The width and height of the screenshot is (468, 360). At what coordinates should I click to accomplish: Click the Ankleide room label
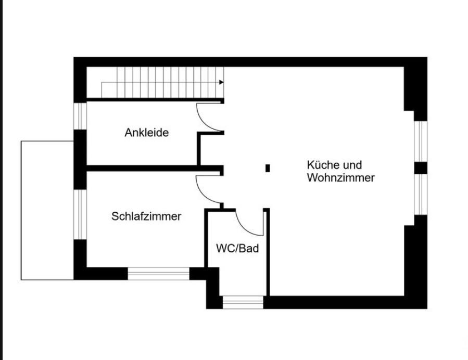click(x=147, y=133)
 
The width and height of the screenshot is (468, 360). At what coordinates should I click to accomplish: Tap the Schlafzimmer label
click(x=146, y=216)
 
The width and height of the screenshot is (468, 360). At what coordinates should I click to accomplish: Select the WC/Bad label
click(x=237, y=248)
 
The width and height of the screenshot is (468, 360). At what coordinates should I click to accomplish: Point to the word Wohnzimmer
click(x=341, y=178)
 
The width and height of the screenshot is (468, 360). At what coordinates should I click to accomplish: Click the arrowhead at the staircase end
click(x=221, y=82)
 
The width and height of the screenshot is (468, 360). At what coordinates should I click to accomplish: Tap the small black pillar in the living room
click(x=268, y=168)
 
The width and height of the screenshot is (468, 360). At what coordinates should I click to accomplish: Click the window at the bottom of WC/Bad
click(x=243, y=302)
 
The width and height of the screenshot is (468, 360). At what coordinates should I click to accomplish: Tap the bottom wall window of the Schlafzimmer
click(x=158, y=274)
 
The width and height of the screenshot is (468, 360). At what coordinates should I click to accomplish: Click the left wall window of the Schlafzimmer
click(x=80, y=214)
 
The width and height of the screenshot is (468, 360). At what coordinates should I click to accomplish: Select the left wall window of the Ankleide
click(x=80, y=116)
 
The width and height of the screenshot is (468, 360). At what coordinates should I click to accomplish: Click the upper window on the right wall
click(x=421, y=142)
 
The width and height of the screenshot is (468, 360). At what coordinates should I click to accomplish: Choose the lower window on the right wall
click(x=421, y=194)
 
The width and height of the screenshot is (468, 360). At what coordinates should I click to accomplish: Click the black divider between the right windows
click(x=421, y=168)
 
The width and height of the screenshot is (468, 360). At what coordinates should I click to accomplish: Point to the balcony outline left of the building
click(x=21, y=210)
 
